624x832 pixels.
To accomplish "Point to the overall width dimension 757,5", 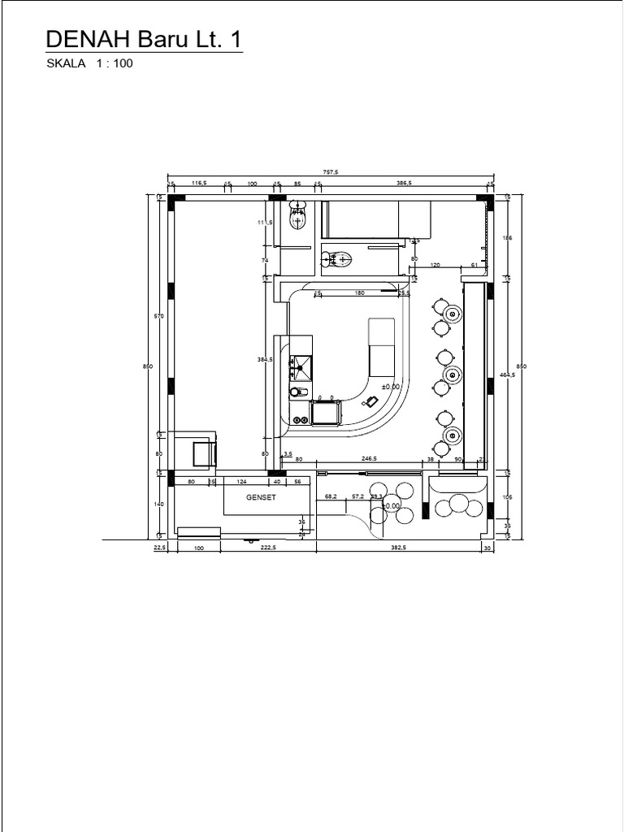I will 330,172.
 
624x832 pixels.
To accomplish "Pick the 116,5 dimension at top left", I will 199,184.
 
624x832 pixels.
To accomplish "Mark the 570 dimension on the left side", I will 149,316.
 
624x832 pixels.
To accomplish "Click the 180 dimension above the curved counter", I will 359,293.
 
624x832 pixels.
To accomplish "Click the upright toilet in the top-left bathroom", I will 298,215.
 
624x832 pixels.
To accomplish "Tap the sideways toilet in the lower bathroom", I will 338,260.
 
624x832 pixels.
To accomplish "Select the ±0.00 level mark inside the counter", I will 391,387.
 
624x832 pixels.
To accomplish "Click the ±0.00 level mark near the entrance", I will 391,505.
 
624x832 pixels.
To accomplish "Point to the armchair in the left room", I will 202,450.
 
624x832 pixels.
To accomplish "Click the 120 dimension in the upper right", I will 435,265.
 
